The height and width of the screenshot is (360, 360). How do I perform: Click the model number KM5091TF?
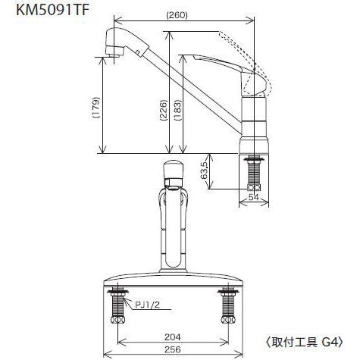point(52,11)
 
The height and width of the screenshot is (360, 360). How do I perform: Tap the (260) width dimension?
point(177,16)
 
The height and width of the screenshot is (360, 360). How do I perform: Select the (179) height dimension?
point(96,108)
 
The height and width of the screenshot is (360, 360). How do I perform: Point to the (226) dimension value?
point(164,111)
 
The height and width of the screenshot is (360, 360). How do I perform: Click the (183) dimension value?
point(177,111)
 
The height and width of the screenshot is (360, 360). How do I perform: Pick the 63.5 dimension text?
point(204,170)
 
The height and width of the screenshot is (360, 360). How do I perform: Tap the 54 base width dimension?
point(254,197)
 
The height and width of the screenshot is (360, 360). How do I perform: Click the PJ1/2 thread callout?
point(148,305)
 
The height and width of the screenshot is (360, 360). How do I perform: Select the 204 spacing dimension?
point(173,337)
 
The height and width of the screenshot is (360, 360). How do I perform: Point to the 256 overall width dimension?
point(173,349)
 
